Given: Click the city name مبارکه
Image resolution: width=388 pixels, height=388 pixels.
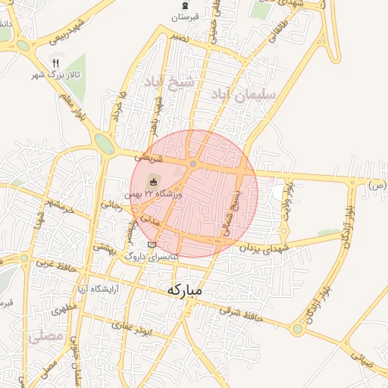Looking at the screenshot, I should coord(183,289).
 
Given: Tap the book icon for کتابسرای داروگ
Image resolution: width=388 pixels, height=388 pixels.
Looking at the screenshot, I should coord(152,245).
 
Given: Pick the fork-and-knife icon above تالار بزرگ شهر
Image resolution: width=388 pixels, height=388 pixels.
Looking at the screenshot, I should coord(55,61).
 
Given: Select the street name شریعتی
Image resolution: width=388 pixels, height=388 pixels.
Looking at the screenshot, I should coord(149,157).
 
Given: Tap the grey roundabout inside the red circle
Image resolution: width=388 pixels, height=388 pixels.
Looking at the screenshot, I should coord(194,164).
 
